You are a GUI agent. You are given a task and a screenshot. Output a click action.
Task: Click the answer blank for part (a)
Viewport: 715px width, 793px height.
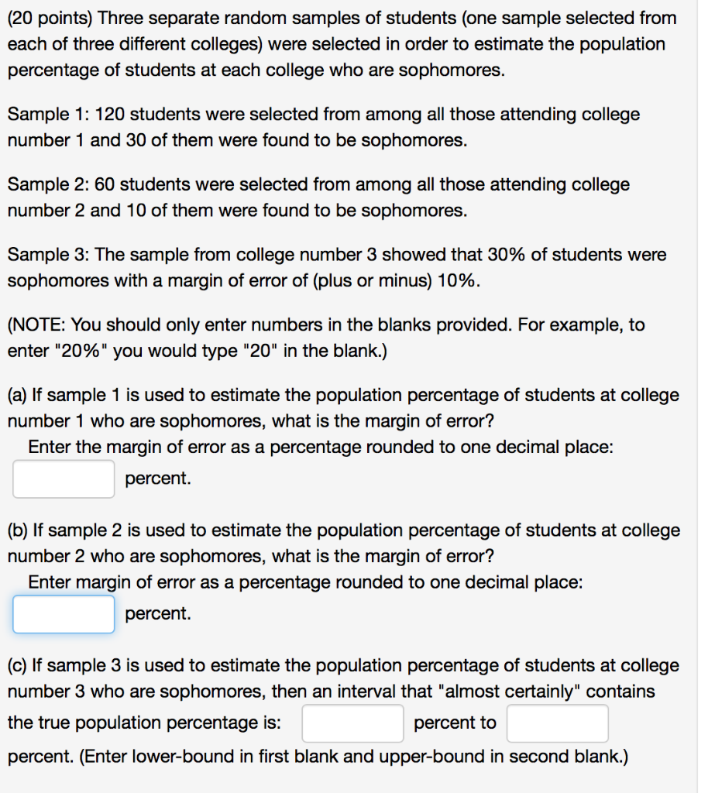[64, 479]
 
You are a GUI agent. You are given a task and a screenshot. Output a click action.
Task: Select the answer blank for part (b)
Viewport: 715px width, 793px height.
[64, 614]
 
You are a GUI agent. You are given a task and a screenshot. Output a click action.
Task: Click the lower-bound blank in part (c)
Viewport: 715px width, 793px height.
[352, 723]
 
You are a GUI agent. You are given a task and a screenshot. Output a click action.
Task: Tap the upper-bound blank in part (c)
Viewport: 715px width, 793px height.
[558, 723]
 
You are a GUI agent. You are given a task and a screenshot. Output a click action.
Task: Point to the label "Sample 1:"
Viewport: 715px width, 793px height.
[46, 115]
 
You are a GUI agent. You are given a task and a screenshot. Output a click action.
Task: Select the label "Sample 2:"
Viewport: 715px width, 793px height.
[46, 184]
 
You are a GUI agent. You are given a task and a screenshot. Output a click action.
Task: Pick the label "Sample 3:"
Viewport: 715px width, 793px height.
[46, 254]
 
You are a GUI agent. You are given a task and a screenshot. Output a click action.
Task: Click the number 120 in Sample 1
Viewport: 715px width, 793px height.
[109, 115]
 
